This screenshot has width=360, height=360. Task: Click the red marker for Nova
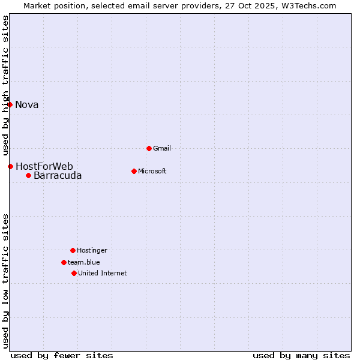[x=10, y=104]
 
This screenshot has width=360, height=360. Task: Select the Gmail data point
[x=149, y=148]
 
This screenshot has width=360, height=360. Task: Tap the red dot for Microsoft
[x=134, y=171]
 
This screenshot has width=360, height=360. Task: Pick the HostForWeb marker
[x=10, y=166]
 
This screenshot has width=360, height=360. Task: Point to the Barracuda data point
[x=28, y=175]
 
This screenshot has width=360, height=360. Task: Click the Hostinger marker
[x=73, y=250]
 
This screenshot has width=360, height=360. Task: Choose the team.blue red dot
[x=64, y=262]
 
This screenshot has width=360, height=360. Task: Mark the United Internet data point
[x=74, y=273]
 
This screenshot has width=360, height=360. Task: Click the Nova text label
[x=27, y=105]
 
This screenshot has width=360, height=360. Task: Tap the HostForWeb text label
[x=44, y=166]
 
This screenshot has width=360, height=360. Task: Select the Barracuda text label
[x=58, y=176]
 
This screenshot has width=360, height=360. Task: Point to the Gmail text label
[x=162, y=148]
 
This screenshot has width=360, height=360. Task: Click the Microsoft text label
[x=152, y=171]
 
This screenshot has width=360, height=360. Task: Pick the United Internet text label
[x=103, y=273]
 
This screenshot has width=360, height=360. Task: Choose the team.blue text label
[x=84, y=262]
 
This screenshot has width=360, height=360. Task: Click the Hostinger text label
[x=92, y=250]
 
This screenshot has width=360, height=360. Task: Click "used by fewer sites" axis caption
[x=62, y=355]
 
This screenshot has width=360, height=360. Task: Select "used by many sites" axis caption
[x=301, y=355]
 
